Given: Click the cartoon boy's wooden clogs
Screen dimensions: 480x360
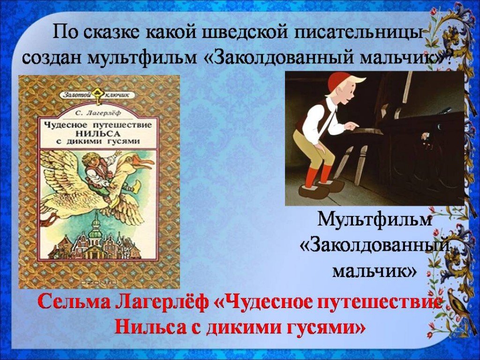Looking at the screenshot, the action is [322, 187].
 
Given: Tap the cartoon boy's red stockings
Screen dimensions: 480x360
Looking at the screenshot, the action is [318, 176].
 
